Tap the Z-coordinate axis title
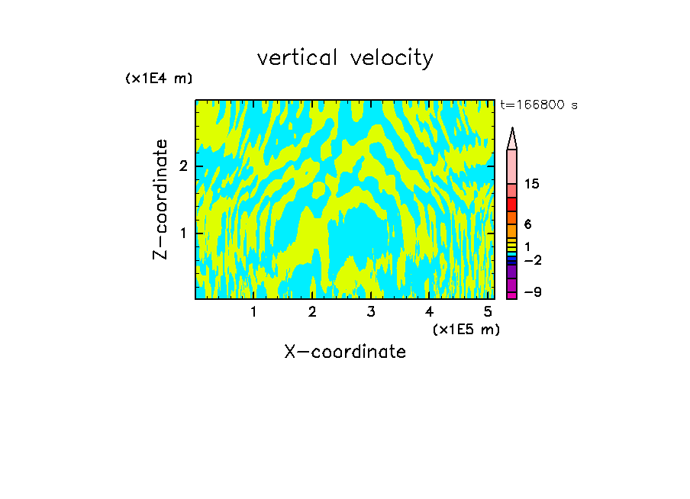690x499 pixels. click(160, 199)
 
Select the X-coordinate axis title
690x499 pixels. click(345, 352)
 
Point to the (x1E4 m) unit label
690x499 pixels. click(159, 79)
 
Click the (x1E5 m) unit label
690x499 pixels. click(466, 329)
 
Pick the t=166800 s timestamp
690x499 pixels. click(538, 105)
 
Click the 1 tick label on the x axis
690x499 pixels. click(253, 311)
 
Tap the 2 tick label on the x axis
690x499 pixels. click(312, 311)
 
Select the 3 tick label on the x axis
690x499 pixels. click(370, 311)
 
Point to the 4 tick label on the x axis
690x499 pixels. click(429, 311)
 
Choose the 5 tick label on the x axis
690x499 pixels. click(488, 311)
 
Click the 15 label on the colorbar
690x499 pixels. click(532, 184)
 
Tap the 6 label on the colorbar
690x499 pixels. click(528, 224)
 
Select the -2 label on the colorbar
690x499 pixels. click(532, 261)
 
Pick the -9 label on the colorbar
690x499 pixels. click(532, 292)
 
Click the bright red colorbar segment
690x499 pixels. click(512, 204)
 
